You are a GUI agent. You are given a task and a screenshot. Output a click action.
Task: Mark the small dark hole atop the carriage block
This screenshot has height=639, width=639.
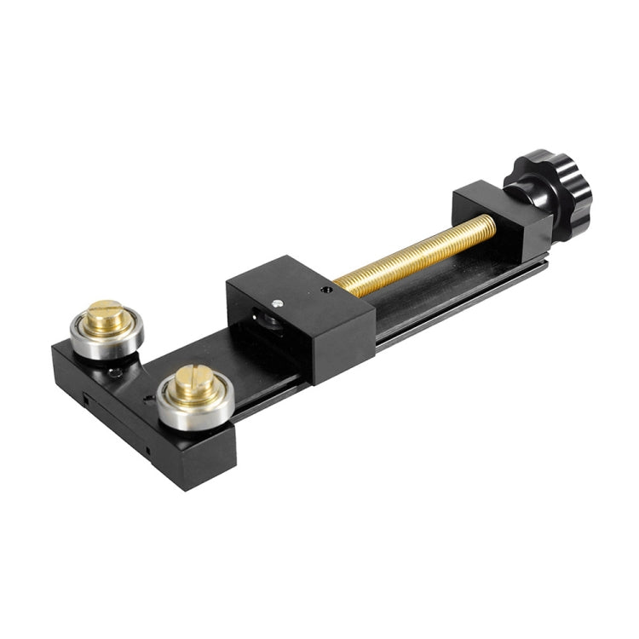pos(326,290)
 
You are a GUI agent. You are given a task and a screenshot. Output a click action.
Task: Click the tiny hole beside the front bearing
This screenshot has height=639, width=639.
pos(148,398)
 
